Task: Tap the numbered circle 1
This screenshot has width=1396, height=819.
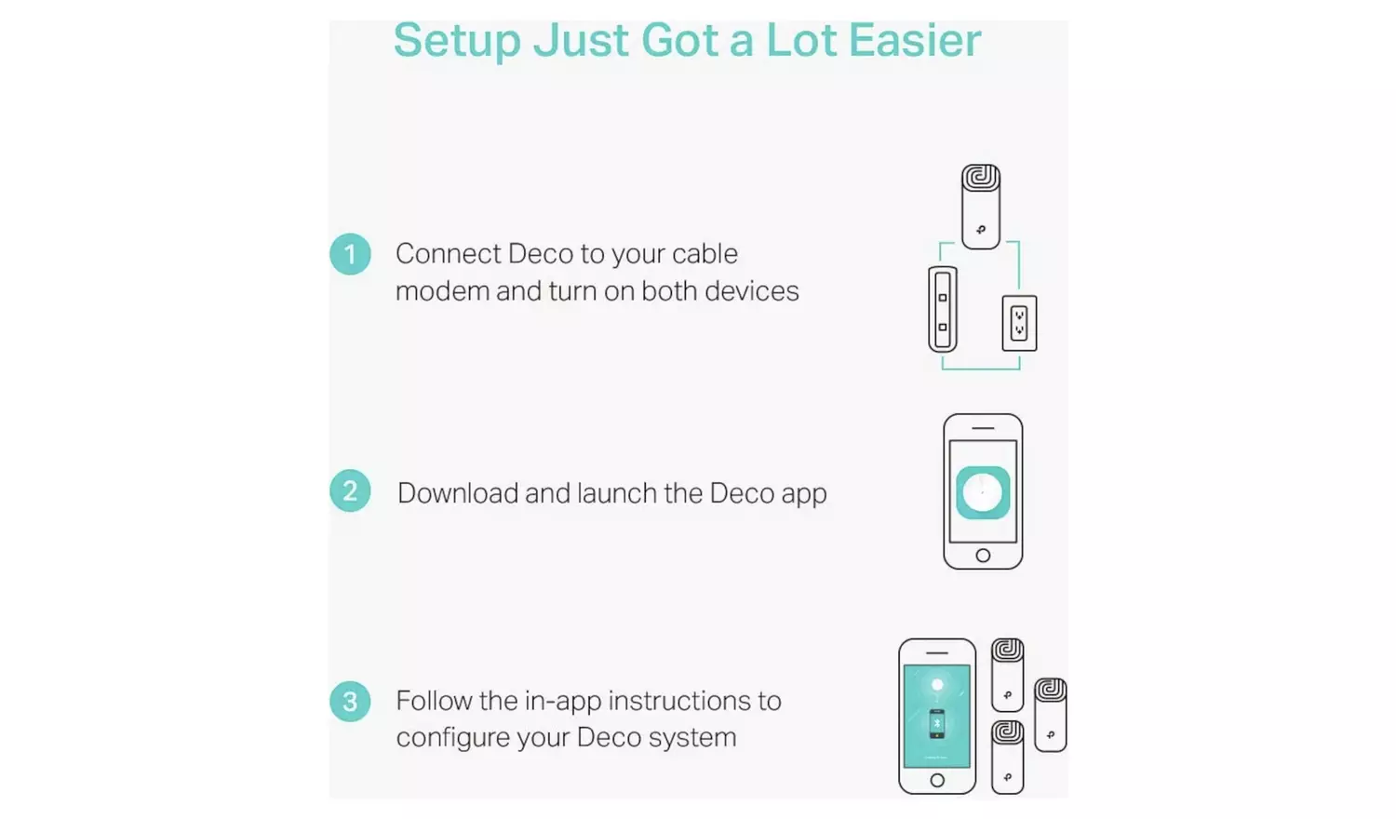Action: (350, 254)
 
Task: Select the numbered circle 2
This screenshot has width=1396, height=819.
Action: (350, 491)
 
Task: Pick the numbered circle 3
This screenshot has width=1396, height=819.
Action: (350, 702)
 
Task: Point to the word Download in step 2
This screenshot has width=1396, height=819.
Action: (457, 493)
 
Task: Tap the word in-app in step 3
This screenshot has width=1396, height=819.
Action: (562, 701)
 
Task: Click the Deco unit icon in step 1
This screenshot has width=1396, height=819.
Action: (980, 207)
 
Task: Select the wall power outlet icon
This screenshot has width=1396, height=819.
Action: (1019, 323)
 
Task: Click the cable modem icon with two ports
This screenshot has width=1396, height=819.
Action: (943, 310)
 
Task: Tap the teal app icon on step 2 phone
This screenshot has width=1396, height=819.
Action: (983, 492)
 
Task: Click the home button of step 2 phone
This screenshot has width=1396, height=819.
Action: (983, 556)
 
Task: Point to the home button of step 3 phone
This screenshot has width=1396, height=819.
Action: (937, 780)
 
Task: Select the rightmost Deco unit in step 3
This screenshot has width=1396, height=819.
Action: (1051, 715)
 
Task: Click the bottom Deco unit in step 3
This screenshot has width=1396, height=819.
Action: (1007, 757)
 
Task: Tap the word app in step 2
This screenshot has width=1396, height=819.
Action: (804, 494)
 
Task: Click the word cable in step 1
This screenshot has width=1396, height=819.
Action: (705, 254)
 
